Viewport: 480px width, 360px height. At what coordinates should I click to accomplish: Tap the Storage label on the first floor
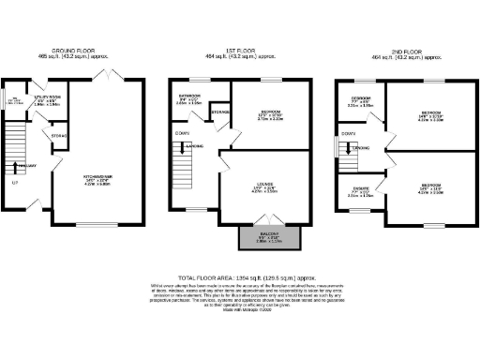click(221, 113)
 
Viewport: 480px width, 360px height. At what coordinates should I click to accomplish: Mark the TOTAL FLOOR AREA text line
click(240, 277)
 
